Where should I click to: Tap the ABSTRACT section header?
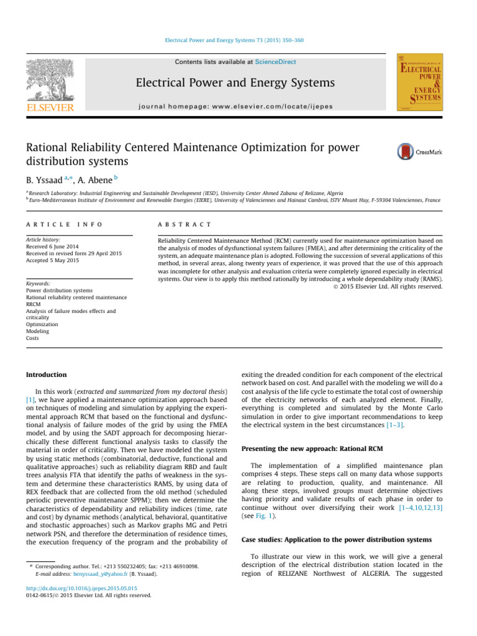pyautogui.click(x=185, y=224)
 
